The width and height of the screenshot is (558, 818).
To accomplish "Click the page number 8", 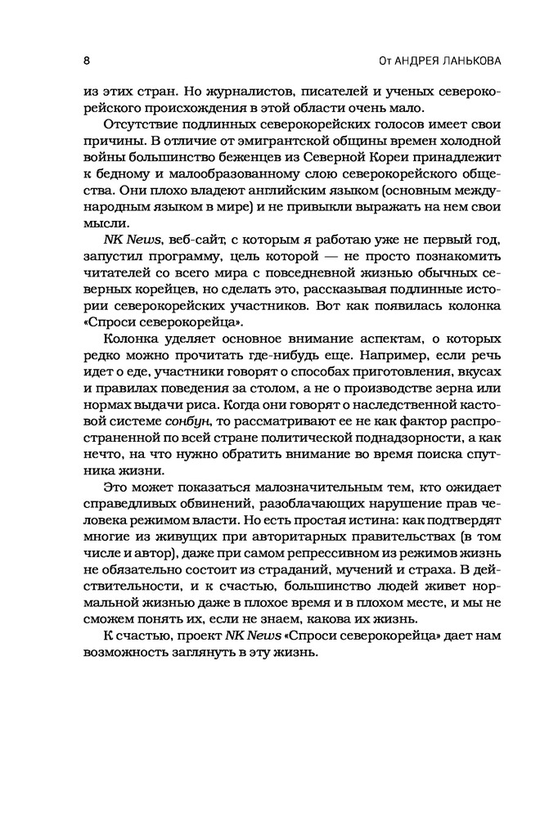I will (87, 61).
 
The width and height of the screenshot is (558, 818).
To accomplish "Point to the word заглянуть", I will (196, 654).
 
